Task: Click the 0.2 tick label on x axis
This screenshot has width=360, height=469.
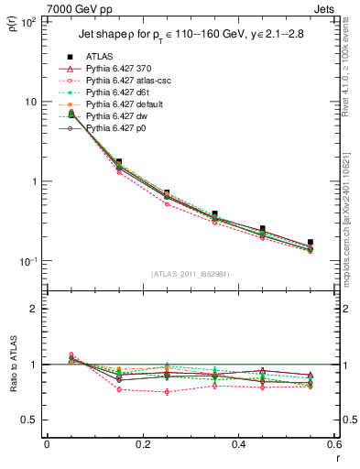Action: point(142,444)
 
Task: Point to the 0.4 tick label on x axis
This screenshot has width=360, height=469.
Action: point(238,444)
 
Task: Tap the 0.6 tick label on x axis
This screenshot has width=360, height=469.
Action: point(333,444)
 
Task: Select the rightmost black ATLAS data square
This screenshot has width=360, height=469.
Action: point(310,242)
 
